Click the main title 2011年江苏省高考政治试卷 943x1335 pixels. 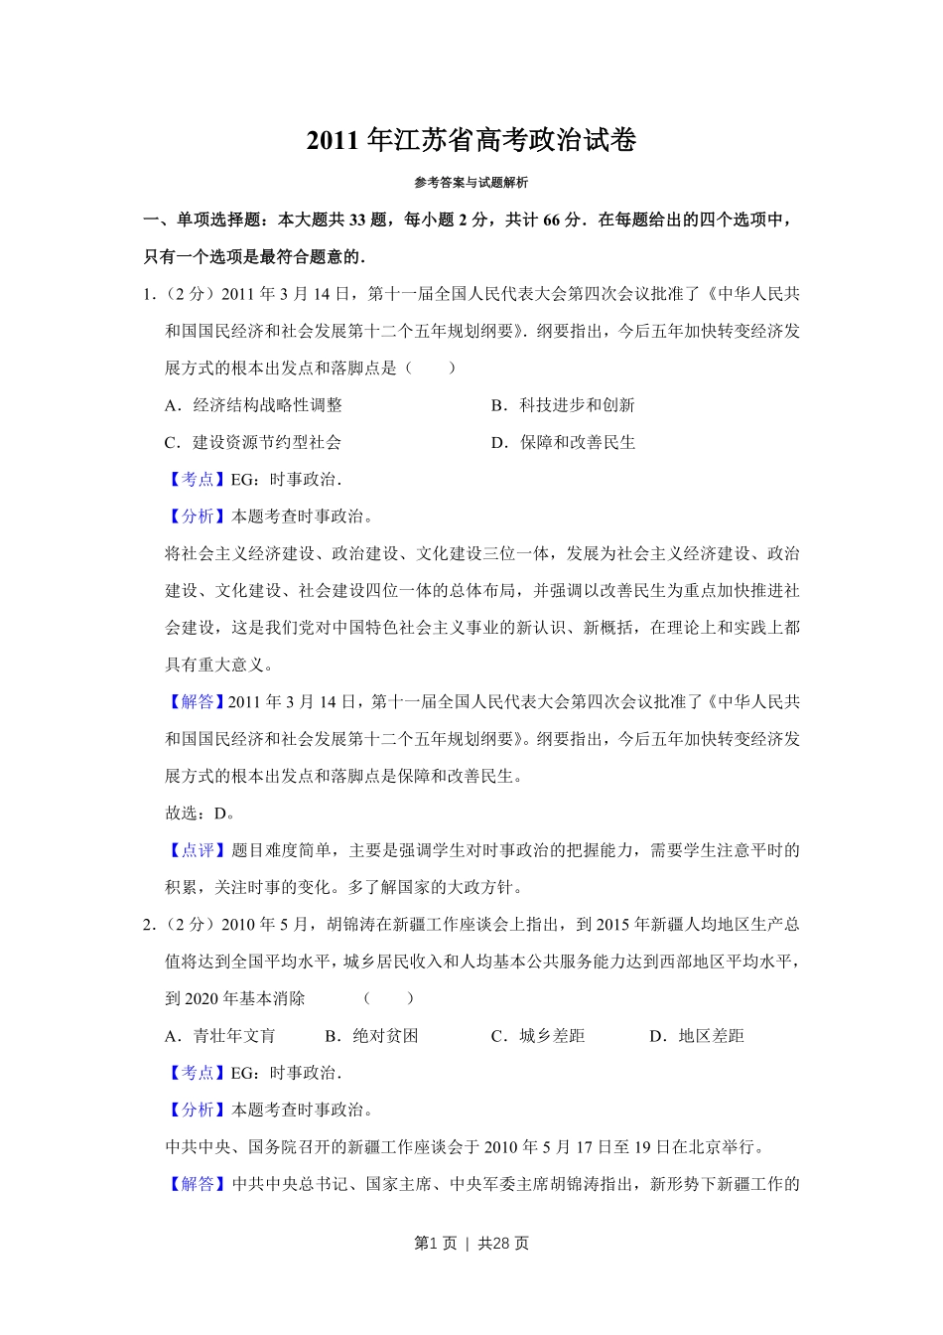(x=471, y=140)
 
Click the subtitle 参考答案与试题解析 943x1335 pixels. (x=471, y=183)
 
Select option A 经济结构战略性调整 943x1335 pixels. (x=254, y=405)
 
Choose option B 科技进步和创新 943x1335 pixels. (x=564, y=405)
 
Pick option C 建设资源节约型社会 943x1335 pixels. (x=253, y=442)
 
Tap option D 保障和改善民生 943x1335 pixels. (x=564, y=442)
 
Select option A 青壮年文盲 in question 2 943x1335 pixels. (x=220, y=1036)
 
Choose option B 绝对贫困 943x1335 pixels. (x=372, y=1036)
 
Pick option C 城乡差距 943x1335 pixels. (x=538, y=1036)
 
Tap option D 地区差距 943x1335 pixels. (x=697, y=1036)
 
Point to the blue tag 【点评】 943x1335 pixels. (x=198, y=850)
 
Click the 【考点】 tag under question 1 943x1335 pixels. (x=198, y=480)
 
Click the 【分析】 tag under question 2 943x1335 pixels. (x=198, y=1111)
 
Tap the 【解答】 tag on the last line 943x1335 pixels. (x=198, y=1184)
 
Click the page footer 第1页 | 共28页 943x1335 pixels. (x=471, y=1244)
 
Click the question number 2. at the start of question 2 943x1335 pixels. (x=150, y=925)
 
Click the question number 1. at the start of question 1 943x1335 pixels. (x=150, y=294)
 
